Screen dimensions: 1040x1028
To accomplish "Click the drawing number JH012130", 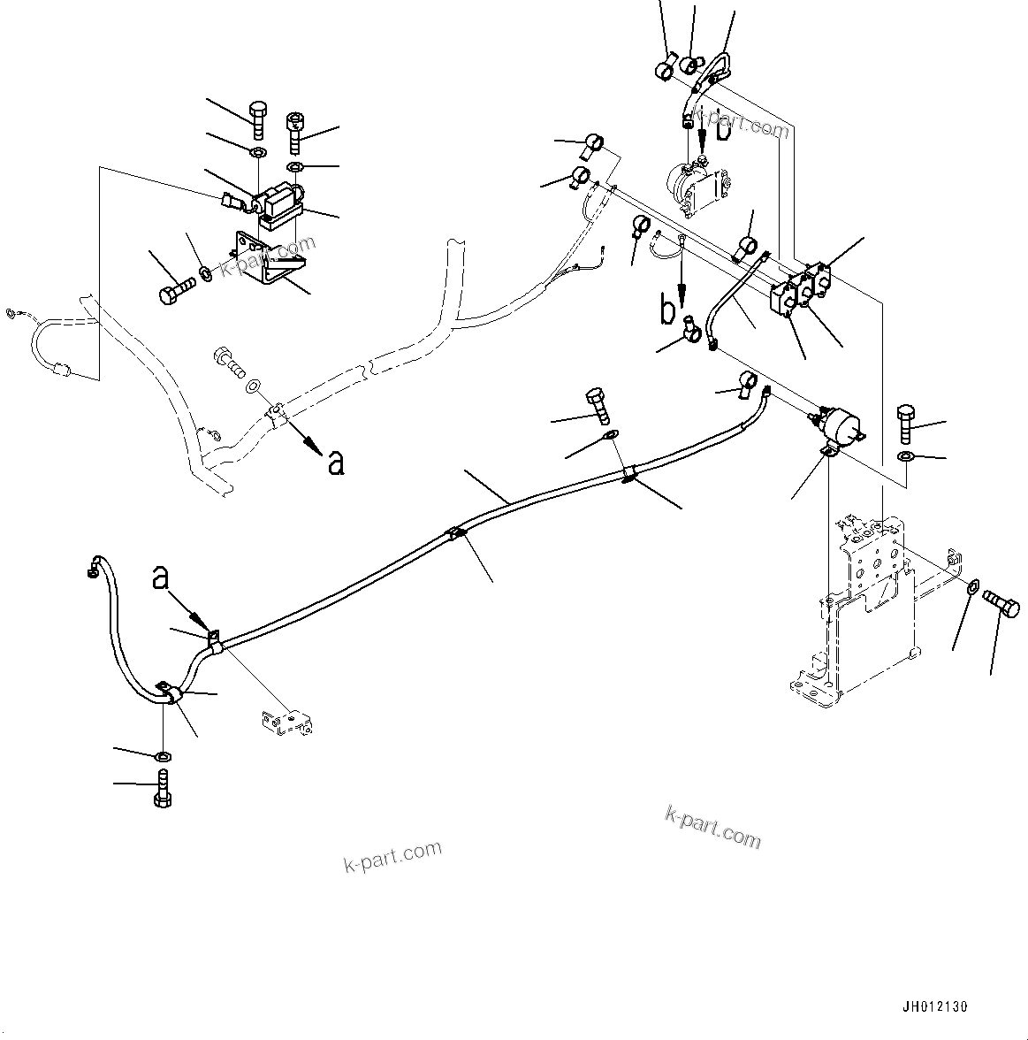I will (x=935, y=1006).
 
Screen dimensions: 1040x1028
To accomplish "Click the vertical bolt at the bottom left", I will (x=162, y=788).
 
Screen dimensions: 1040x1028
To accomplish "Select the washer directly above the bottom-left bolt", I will (x=163, y=757).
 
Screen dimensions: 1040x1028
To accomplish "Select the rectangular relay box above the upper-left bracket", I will (x=279, y=200).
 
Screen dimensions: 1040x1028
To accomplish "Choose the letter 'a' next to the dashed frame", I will (x=335, y=462).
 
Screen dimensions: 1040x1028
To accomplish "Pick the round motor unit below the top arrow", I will (x=698, y=187).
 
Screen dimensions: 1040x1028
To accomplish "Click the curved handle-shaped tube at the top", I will (x=717, y=70).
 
